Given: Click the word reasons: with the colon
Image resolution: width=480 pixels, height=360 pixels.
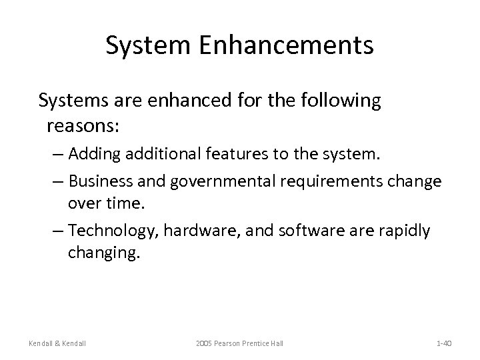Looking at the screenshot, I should [79, 125].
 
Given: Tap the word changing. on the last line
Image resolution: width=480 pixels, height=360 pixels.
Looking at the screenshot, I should [105, 254].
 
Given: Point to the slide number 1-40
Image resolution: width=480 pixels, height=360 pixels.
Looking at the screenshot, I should [444, 343].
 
